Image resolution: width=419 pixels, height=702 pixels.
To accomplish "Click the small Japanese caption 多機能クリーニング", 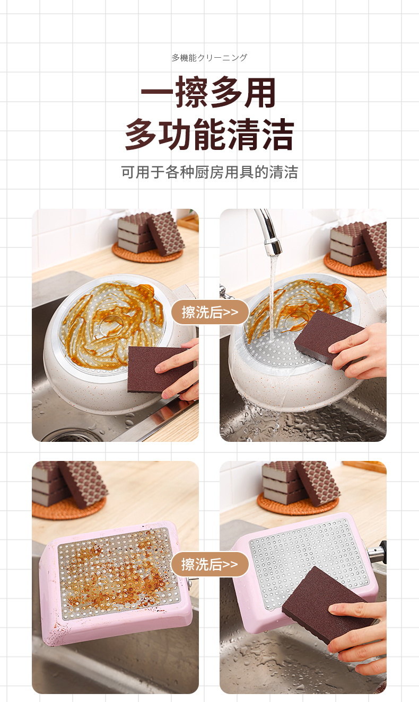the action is pos(209,58).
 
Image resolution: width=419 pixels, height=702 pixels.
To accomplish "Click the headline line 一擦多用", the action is pos(208,92).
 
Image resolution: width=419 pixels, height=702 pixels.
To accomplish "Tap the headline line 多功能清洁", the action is pos(209,135).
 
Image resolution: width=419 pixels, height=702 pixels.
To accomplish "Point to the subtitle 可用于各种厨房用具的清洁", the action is pos(210,172).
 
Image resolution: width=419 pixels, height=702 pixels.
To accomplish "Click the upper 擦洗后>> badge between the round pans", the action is pos(210,312).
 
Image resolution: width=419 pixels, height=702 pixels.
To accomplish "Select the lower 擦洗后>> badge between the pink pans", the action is pos(210,564).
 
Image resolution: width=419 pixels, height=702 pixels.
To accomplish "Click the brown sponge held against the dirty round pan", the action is pos(159,370).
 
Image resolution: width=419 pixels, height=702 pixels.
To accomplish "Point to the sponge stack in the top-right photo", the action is pos(357,244).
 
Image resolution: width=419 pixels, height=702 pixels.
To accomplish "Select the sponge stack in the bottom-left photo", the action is pos(69,484).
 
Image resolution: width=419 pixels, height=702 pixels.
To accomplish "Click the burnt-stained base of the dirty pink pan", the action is pos(118,573).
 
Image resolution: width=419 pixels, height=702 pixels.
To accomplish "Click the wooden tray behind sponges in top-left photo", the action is pos(188,222).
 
